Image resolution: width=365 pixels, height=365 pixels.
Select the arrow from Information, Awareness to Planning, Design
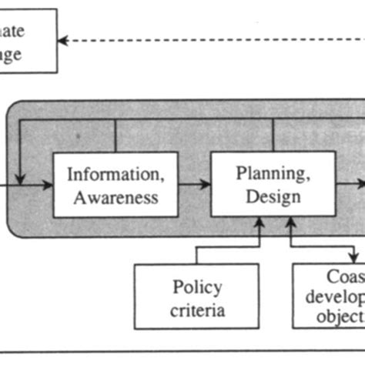pyautogui.click(x=194, y=184)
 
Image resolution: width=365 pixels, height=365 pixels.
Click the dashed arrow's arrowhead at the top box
pyautogui.click(x=63, y=40)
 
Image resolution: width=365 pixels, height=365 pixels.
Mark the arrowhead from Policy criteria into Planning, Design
pyautogui.click(x=260, y=223)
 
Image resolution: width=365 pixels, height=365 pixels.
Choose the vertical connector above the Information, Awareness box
pyautogui.click(x=115, y=136)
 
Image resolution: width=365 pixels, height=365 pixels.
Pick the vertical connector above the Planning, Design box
pyautogui.click(x=274, y=136)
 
